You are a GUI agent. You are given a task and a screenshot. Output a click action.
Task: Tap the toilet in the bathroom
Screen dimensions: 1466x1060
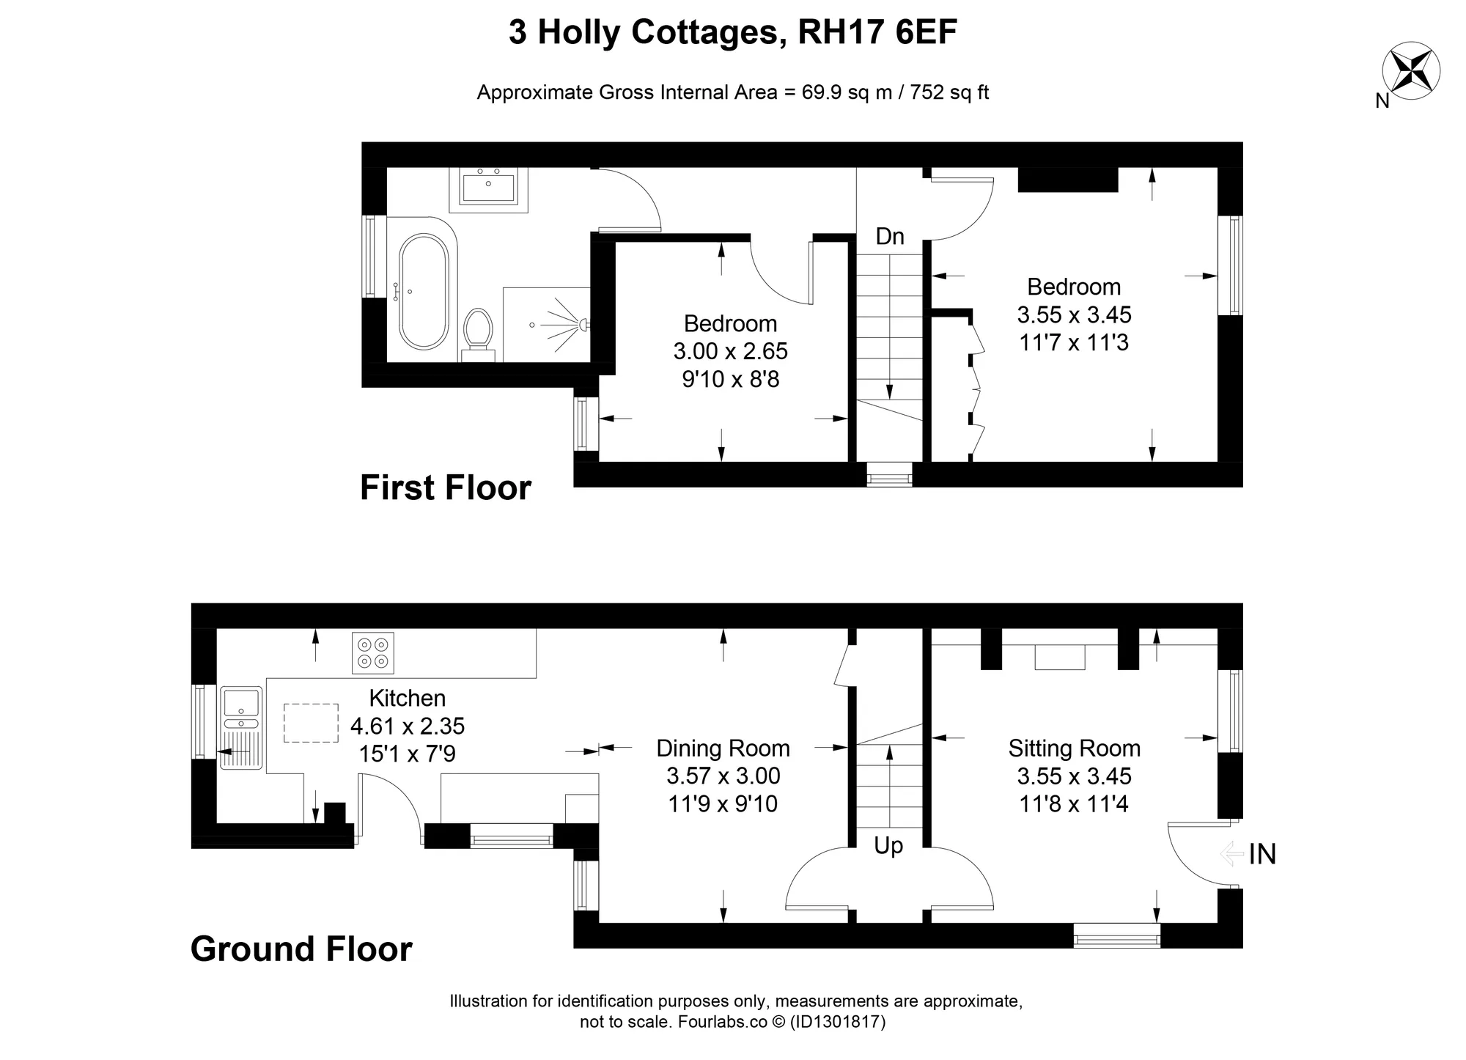coord(479,334)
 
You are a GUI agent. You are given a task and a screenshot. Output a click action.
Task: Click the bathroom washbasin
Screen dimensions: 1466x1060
coord(488,186)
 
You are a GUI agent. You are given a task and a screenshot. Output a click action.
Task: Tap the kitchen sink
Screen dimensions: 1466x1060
coord(240,727)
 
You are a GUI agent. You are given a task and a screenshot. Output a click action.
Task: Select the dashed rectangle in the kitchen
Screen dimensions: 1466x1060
coord(311,723)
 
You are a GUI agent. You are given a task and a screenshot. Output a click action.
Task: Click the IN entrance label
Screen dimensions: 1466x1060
coord(1263,854)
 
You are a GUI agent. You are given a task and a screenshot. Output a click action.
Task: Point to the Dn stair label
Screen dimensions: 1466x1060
coord(890,236)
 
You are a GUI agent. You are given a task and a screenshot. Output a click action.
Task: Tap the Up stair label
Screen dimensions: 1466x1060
coord(888,846)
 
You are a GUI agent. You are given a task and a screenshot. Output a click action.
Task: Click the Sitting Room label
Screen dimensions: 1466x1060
coord(1075,748)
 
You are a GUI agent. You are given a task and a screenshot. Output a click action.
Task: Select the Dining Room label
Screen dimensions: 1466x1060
coord(723,748)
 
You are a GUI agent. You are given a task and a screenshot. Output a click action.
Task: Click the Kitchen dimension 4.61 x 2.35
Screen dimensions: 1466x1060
coord(408,726)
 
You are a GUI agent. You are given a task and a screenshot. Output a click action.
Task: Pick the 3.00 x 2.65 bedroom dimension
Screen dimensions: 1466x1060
coord(731,351)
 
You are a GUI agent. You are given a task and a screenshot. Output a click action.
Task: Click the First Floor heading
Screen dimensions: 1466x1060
coord(446,487)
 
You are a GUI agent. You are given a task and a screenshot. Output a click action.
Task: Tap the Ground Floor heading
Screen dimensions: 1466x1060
coord(301,949)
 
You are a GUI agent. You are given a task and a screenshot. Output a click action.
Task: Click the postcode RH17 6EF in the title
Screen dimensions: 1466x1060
coord(877,32)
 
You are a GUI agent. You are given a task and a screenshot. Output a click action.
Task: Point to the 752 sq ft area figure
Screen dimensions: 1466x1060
coord(950,92)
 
